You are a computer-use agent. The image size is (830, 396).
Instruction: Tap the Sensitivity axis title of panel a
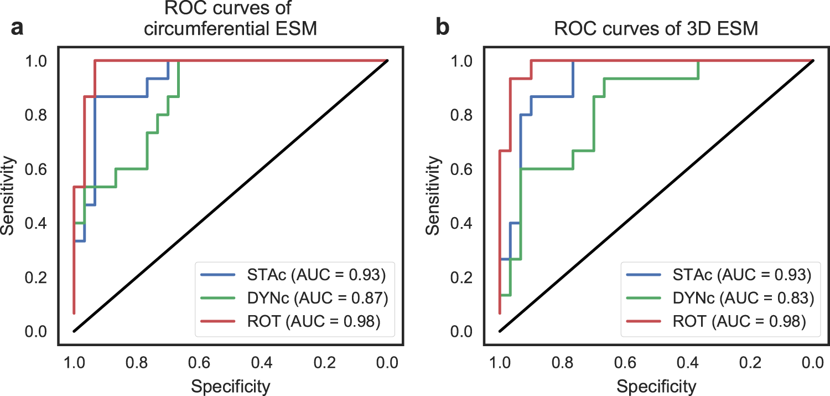tap(8, 197)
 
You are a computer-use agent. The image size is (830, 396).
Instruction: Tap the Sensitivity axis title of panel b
tap(434, 197)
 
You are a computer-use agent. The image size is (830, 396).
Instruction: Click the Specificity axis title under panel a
tap(230, 385)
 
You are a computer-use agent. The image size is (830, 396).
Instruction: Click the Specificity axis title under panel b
tap(656, 385)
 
